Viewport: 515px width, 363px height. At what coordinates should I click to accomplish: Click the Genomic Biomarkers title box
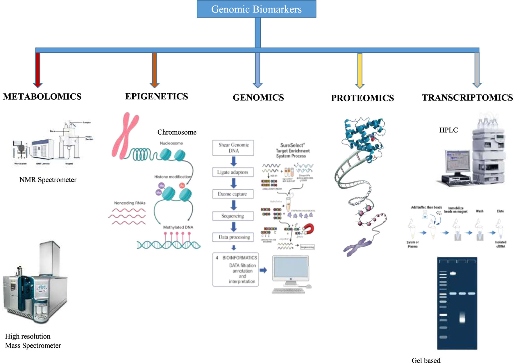(x=256, y=9)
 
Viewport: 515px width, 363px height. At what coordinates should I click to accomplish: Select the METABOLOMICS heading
(x=42, y=96)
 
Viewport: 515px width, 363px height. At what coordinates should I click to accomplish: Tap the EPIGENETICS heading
(x=156, y=96)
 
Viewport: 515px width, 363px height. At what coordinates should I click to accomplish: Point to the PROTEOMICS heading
(x=362, y=98)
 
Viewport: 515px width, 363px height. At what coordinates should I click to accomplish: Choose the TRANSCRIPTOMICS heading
(x=467, y=98)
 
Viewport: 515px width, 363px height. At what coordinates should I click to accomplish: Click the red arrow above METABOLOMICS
(x=38, y=70)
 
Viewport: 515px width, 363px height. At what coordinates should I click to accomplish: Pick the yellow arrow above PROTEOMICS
(x=360, y=70)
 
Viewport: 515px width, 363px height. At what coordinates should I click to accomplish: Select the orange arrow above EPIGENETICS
(x=155, y=70)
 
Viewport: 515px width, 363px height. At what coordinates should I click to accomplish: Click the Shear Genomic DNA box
(x=233, y=148)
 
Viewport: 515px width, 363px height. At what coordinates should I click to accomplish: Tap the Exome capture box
(x=233, y=194)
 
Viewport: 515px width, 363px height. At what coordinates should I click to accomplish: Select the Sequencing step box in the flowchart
(x=233, y=216)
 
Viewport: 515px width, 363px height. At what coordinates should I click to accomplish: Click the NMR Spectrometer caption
(x=48, y=180)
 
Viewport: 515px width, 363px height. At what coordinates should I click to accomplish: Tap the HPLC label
(x=448, y=130)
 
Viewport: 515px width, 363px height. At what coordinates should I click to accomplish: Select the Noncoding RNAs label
(x=130, y=203)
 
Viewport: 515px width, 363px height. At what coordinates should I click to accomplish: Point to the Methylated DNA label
(x=178, y=227)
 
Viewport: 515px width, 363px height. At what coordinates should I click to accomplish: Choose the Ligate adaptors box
(x=233, y=172)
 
